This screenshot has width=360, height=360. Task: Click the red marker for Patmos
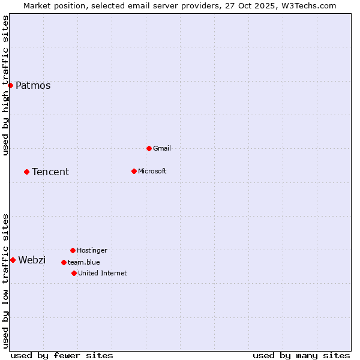[x=10, y=85]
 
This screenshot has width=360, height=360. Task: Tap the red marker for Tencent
[x=26, y=172]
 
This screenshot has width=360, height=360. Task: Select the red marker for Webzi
[x=13, y=260]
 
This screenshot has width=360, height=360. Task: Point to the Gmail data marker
[x=149, y=148]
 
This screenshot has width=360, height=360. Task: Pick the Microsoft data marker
[x=134, y=171]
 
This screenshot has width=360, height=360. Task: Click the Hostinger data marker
[x=73, y=250]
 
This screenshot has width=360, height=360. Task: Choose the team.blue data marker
[x=64, y=262]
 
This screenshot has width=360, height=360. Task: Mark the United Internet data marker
[x=74, y=273]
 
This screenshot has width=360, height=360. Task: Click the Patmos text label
[x=33, y=85]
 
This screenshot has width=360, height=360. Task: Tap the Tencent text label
[x=50, y=172]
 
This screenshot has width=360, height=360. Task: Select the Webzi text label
[x=32, y=260]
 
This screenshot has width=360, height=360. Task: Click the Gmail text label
[x=162, y=148]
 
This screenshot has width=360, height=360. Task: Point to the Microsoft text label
[x=152, y=171]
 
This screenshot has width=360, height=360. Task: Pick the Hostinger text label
[x=92, y=250]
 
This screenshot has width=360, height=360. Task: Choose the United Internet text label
[x=102, y=273]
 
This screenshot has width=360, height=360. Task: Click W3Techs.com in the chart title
[x=308, y=5]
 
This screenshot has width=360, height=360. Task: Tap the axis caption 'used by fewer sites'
[x=62, y=355]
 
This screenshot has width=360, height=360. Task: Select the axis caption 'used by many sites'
[x=301, y=355]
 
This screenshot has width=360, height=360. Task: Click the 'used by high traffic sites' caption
[x=5, y=85]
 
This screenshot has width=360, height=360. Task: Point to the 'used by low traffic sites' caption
[x=5, y=280]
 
